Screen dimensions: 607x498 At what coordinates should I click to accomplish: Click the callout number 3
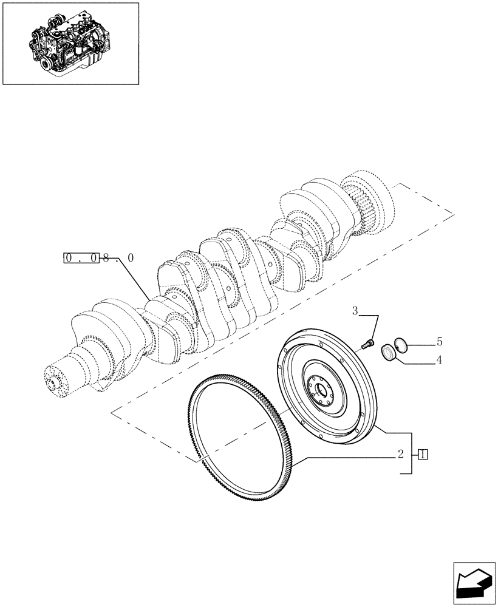356,312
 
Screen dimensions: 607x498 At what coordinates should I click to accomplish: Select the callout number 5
439,342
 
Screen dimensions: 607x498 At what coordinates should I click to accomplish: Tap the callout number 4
439,360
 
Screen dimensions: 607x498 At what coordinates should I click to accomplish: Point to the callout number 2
401,453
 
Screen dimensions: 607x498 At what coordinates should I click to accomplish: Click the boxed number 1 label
424,454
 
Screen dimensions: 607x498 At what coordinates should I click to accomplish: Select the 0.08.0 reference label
98,259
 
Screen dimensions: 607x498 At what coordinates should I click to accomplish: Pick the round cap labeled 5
401,345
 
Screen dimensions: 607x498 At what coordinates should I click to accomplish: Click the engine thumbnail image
70,42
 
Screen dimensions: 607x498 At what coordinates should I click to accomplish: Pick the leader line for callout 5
422,345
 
